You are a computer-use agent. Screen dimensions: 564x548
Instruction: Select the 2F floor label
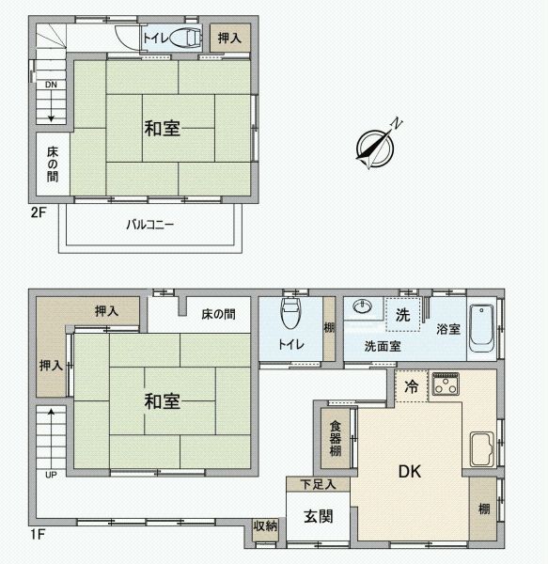pos(38,212)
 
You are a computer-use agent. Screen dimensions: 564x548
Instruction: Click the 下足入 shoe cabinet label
pos(311,484)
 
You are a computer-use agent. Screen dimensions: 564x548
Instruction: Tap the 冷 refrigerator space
pos(412,384)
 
